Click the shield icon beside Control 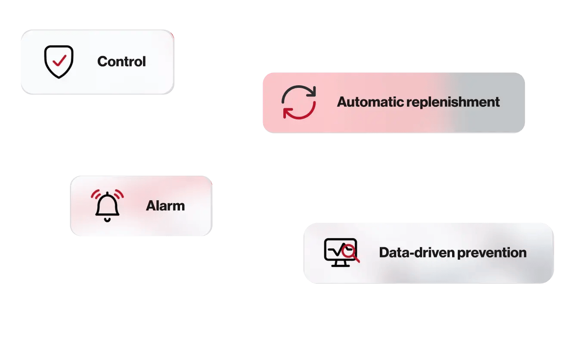[59, 62]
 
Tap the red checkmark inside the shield [59, 60]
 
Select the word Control [121, 62]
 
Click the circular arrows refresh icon [299, 102]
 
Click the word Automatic [370, 102]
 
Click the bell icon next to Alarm [107, 206]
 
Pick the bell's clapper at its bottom [107, 220]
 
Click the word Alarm [165, 206]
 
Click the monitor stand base [340, 265]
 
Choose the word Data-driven [416, 252]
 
